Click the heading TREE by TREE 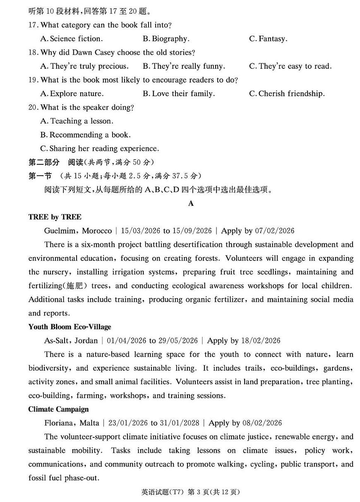tap(55, 217)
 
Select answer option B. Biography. tap(166, 39)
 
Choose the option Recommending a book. tap(85, 135)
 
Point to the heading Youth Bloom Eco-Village tap(70, 327)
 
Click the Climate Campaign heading tap(58, 409)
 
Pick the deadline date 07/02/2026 tap(275, 231)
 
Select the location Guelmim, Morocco tap(78, 231)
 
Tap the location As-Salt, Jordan tap(71, 340)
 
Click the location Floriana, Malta tap(72, 423)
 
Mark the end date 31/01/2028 tap(180, 423)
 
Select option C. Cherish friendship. tap(287, 94)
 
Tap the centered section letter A tap(191, 203)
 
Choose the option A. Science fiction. tap(72, 39)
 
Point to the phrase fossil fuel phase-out tap(64, 478)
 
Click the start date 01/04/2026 tap(127, 340)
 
